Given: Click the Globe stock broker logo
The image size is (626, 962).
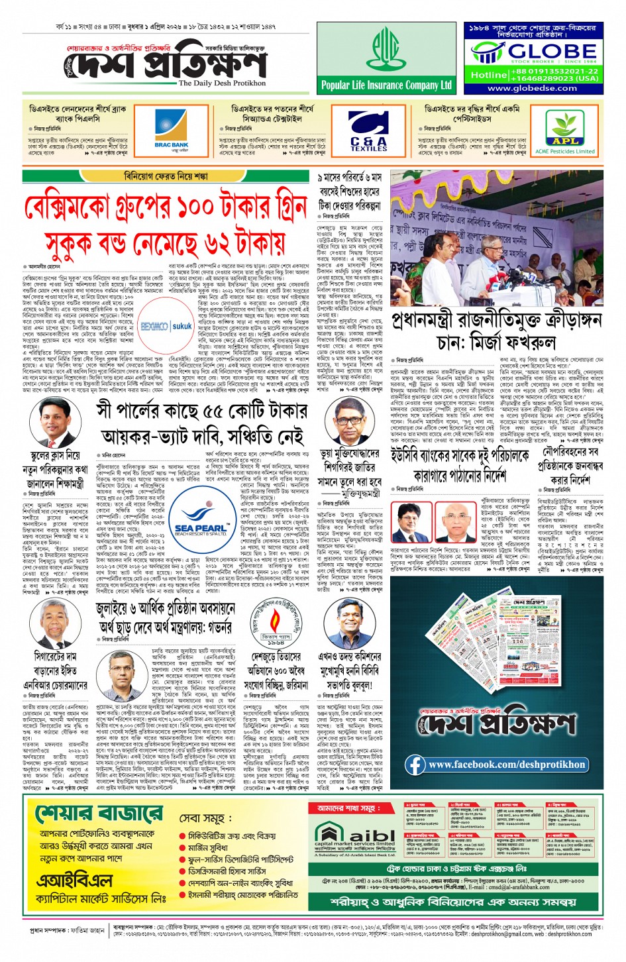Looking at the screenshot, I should coord(534,52).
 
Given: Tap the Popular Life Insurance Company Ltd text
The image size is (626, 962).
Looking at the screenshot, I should coord(386,85).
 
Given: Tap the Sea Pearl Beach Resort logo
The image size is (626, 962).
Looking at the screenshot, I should coord(199,521).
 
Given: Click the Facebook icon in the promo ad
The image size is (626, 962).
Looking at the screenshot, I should coord(415,764).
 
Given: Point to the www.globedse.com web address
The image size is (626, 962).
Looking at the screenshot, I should coord(532,88).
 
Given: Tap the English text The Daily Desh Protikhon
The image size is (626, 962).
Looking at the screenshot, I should coord(222,83).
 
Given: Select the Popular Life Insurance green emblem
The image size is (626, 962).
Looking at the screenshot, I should coord(386,48).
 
